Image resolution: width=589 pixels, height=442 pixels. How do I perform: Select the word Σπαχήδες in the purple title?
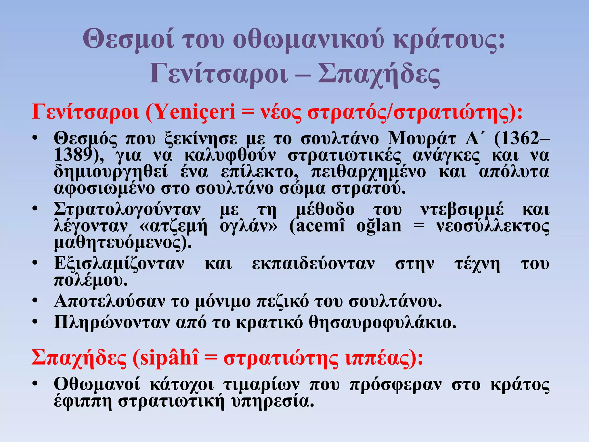(x=379, y=74)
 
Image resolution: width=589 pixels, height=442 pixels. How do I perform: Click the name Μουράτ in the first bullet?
(x=422, y=139)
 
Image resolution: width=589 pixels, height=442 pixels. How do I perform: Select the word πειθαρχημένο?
(x=368, y=172)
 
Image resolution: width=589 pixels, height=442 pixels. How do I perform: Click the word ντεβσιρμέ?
(x=462, y=210)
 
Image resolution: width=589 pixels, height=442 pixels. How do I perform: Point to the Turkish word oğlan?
(x=379, y=226)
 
